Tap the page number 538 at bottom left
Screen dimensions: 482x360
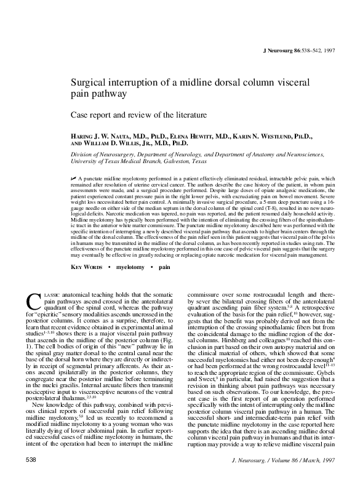tap(30, 459)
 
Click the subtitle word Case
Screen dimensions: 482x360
tap(82, 114)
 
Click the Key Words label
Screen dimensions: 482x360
tap(89, 268)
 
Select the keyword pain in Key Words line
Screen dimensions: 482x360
tap(164, 268)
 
